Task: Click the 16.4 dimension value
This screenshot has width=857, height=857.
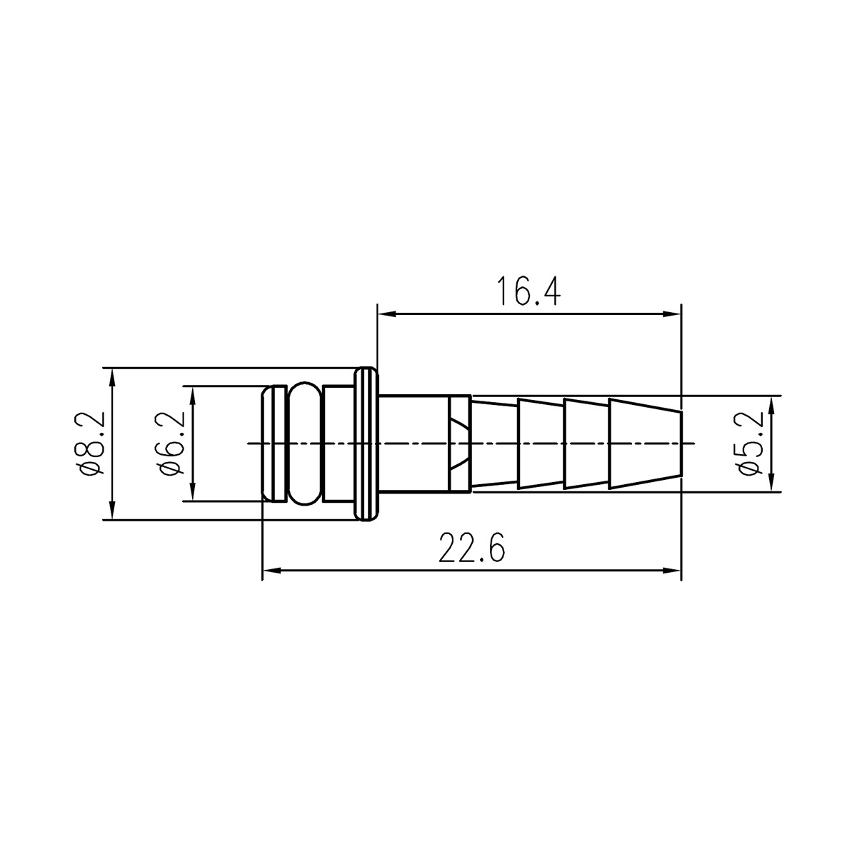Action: coord(528,291)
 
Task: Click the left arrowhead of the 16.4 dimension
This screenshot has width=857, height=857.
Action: coord(386,314)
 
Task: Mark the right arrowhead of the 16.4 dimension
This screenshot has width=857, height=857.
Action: coord(671,314)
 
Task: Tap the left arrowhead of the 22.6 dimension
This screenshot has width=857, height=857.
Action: coord(271,571)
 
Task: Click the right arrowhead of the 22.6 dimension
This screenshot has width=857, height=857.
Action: coord(671,571)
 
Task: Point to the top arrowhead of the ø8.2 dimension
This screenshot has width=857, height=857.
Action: coord(113,378)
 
